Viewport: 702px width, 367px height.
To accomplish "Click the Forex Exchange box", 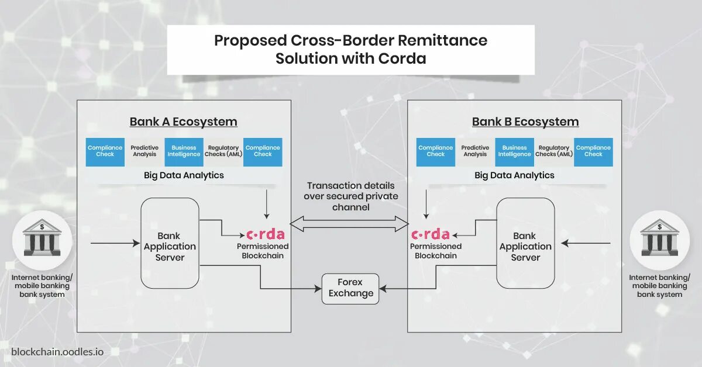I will point(350,289).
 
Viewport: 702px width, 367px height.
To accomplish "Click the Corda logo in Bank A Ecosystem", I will point(265,235).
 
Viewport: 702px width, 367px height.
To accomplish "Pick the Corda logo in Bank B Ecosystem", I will point(431,235).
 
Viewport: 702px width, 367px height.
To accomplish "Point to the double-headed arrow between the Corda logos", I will point(349,223).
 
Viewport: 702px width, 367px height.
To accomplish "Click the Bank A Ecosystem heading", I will point(183,122).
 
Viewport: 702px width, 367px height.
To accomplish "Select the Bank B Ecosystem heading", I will point(525,122).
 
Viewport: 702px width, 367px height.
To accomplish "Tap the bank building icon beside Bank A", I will point(42,238).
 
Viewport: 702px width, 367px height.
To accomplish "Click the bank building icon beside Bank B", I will point(659,238).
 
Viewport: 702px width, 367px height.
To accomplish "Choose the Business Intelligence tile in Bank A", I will point(184,151).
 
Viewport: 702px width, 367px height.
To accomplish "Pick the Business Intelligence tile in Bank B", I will point(514,151).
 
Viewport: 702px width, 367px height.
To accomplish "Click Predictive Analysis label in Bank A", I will point(144,151).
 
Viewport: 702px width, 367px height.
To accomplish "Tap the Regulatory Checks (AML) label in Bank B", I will point(553,151).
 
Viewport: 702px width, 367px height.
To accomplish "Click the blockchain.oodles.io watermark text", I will point(57,352).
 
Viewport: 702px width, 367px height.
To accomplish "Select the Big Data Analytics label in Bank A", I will point(184,175).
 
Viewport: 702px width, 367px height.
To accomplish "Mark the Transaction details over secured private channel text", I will point(350,196).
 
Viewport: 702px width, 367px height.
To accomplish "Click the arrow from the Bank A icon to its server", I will point(115,242).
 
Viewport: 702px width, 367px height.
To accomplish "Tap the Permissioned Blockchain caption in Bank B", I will point(436,251).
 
